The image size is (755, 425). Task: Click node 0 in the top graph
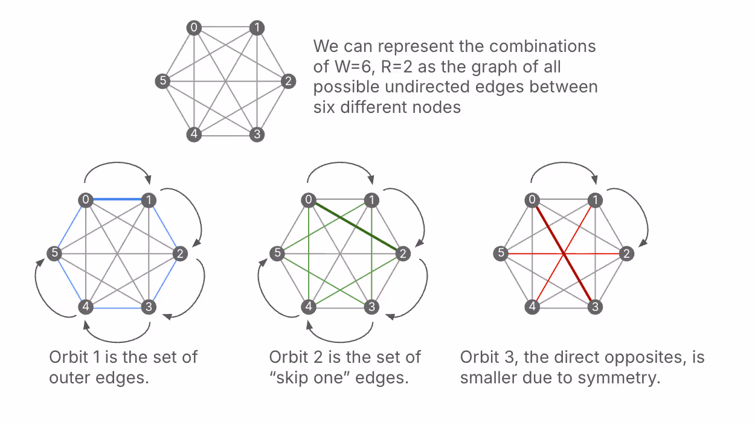(193, 28)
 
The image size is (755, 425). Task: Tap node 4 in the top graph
(193, 134)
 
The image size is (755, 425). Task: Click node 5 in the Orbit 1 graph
(54, 254)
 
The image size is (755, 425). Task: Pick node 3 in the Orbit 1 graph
(148, 307)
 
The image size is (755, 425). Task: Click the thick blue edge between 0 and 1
(117, 200)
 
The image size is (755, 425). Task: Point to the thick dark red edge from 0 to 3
(565, 254)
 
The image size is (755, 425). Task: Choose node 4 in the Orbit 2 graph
(309, 307)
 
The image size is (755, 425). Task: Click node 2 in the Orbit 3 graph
(627, 254)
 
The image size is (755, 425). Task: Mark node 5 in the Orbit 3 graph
(500, 254)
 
